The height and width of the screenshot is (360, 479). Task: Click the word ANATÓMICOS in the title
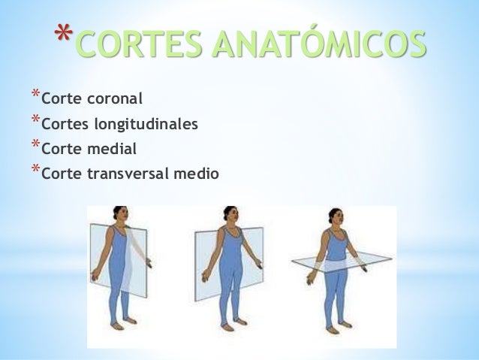pyautogui.click(x=320, y=43)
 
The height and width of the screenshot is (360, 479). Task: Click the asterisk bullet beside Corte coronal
pyautogui.click(x=35, y=95)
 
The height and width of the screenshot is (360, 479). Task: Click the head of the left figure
pyautogui.click(x=119, y=213)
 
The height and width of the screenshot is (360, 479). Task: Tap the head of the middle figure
pyautogui.click(x=230, y=214)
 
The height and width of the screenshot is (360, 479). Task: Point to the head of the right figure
pyautogui.click(x=335, y=214)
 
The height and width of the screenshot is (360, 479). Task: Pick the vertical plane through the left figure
pyautogui.click(x=135, y=256)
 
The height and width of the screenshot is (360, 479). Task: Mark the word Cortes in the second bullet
pyautogui.click(x=61, y=124)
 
